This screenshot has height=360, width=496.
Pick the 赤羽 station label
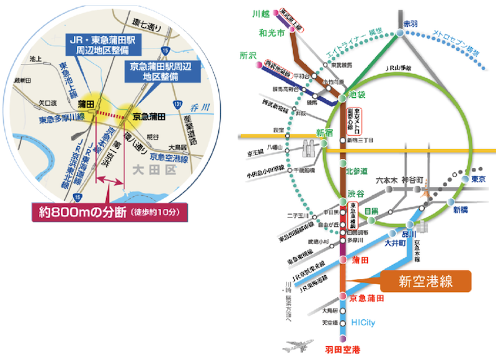pos(410,23)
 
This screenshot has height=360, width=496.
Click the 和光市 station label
pos(272,33)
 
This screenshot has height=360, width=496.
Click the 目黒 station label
pos(371,211)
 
